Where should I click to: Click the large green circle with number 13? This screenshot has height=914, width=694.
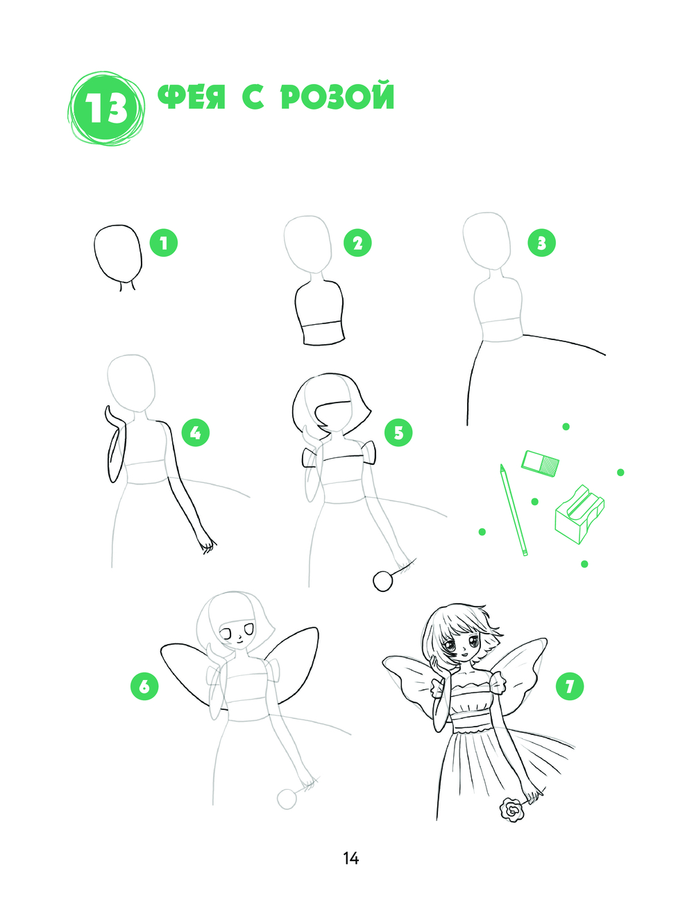point(107,109)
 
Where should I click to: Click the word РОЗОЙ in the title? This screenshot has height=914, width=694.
point(337,97)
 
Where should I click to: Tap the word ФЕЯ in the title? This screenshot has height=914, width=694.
point(192,97)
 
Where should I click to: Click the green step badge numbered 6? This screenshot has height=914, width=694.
point(144,686)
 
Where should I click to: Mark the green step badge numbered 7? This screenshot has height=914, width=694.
point(570,686)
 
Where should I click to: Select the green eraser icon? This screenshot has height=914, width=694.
point(540,463)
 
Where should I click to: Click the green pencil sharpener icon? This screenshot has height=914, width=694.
point(579,515)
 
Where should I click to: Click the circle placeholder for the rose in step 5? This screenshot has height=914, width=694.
point(382,581)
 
